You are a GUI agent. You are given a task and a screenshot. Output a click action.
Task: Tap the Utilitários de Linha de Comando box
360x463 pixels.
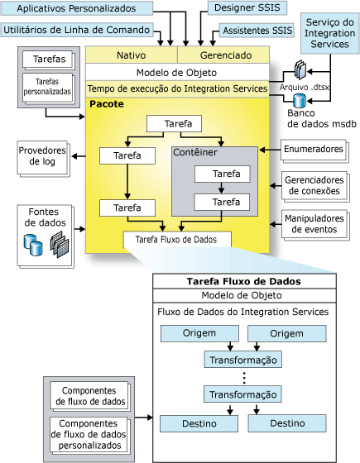[x=77, y=31]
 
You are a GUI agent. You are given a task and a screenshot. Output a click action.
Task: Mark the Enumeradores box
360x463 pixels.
[x=313, y=150]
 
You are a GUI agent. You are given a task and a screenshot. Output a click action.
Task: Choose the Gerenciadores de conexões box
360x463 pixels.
[x=313, y=185]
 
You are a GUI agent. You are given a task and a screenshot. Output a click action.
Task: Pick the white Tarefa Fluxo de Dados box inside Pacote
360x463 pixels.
[x=177, y=241]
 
